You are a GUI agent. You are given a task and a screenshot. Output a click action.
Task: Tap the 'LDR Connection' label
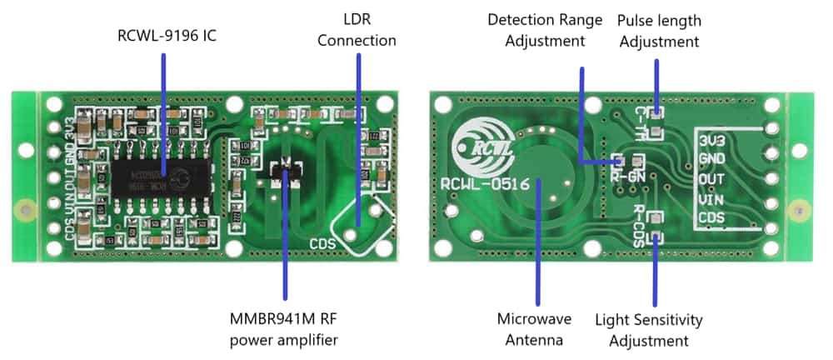tap(357, 29)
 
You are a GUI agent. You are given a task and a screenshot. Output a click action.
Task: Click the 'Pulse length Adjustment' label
tap(658, 29)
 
